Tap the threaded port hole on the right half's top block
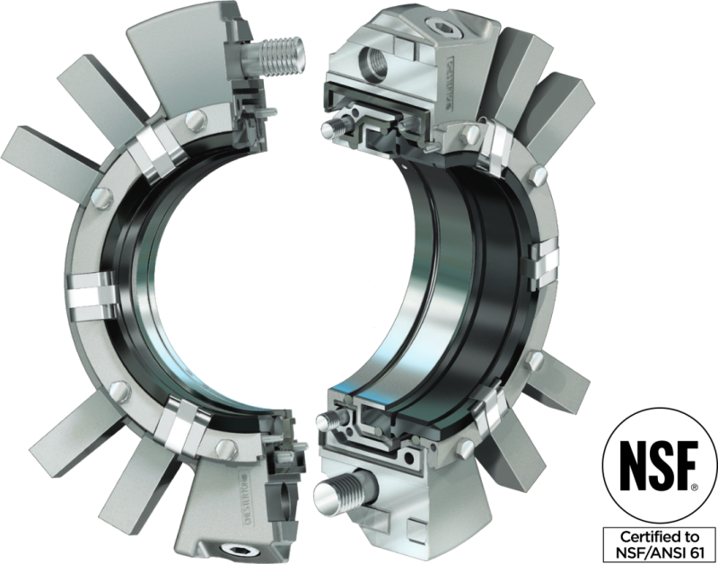click(x=372, y=62)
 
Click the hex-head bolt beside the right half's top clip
click(x=468, y=135)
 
